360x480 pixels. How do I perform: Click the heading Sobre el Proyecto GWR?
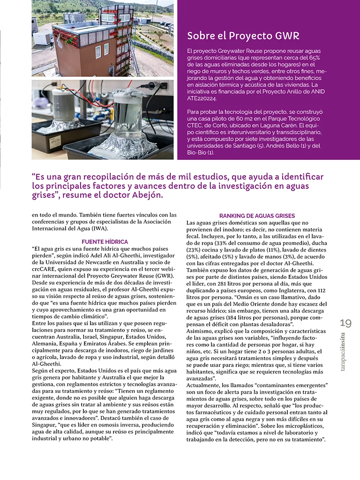pos(243,36)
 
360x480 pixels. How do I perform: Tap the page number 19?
pos(345,323)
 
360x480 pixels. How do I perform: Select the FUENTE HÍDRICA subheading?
pos(105,241)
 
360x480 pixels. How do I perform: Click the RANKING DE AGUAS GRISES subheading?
pos(257,216)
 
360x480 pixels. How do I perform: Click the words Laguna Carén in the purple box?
pos(277,126)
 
